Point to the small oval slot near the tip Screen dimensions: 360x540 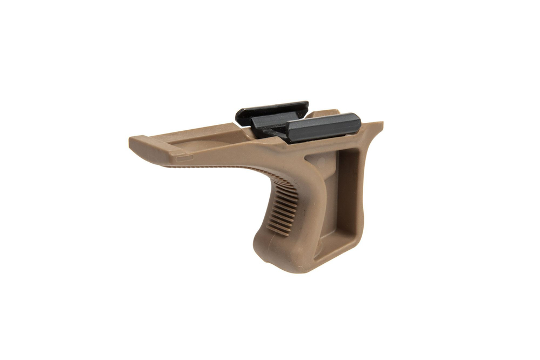[185, 158]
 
